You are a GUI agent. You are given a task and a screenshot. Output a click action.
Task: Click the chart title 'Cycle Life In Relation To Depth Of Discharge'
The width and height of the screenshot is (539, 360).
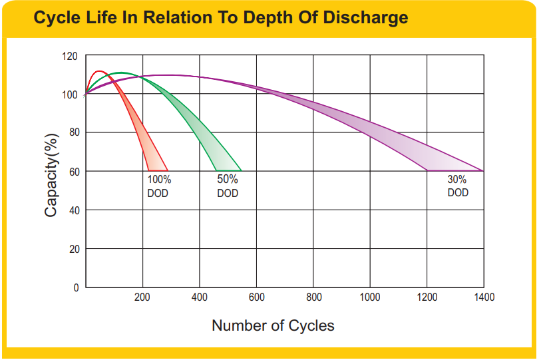[220, 18]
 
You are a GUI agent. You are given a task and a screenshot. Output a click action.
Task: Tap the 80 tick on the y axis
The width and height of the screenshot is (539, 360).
[73, 132]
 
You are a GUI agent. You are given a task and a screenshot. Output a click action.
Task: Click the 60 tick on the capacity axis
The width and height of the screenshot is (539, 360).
[73, 172]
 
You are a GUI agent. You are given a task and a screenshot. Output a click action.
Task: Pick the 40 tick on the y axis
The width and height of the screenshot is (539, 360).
[73, 210]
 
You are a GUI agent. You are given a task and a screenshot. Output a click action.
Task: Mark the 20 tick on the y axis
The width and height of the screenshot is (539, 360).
[73, 249]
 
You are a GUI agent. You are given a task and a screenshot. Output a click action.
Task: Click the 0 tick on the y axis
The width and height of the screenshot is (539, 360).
[75, 287]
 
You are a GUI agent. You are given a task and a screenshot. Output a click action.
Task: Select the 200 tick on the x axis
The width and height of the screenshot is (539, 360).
[142, 297]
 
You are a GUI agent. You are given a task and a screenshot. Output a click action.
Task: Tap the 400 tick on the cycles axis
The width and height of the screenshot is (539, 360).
[199, 297]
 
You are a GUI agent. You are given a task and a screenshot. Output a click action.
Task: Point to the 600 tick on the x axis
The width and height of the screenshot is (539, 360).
[256, 297]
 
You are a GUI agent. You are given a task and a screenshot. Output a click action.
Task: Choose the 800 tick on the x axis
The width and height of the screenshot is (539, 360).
[313, 297]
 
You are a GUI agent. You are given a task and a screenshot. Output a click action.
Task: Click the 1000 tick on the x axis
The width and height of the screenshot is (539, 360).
[370, 297]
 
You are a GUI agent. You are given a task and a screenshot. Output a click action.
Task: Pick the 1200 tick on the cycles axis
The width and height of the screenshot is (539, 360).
[427, 297]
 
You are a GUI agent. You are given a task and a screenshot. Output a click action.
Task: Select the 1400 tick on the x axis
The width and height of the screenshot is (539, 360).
[484, 297]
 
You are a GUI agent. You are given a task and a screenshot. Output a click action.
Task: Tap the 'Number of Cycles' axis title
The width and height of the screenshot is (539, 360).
[273, 326]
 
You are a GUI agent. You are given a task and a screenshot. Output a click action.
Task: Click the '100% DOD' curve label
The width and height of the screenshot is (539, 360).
[158, 186]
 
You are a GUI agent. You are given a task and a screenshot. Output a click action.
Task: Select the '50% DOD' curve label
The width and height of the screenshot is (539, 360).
[228, 186]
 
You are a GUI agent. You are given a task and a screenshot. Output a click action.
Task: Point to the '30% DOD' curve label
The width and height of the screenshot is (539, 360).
[457, 186]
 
